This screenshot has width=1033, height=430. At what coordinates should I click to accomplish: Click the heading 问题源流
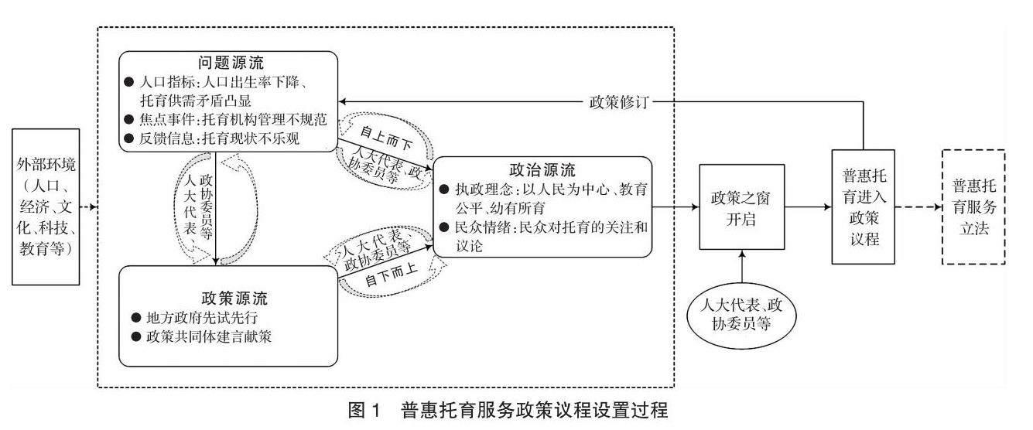(228, 63)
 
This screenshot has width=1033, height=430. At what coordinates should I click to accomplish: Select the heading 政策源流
(228, 298)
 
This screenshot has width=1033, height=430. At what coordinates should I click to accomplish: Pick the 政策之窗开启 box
(741, 207)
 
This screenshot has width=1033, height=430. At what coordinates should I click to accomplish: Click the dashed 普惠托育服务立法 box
(973, 207)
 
